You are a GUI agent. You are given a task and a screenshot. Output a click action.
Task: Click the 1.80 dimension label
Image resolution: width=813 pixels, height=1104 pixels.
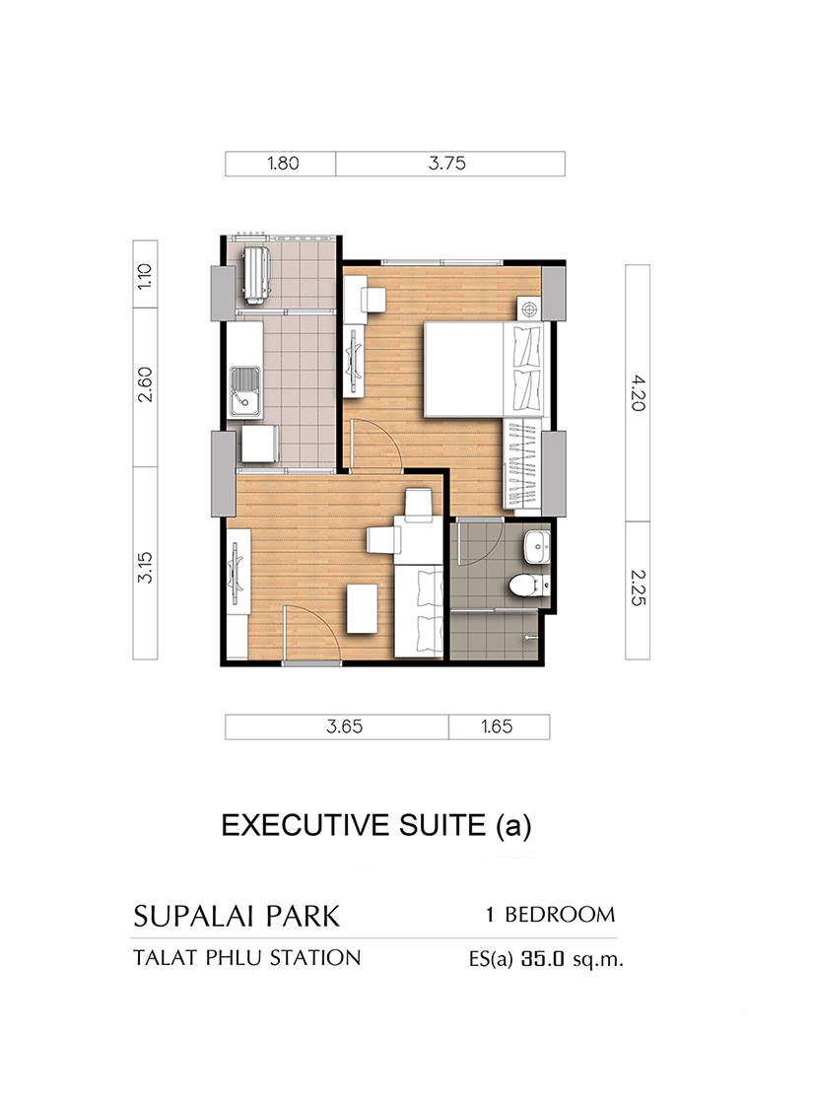tap(283, 164)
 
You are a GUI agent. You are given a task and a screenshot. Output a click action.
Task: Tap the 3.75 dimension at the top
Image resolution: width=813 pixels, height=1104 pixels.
tap(447, 164)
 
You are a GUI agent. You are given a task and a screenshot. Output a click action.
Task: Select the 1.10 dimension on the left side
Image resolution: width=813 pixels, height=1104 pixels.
tap(144, 276)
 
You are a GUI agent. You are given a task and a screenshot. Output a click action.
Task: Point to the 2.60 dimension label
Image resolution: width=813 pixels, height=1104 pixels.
tap(144, 384)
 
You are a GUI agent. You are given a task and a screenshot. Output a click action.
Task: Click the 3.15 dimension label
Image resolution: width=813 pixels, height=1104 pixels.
tap(144, 568)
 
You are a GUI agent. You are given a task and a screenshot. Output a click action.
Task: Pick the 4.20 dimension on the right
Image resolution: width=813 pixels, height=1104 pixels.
tap(638, 393)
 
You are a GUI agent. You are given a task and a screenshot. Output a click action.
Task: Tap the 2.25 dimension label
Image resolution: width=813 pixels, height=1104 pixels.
tap(638, 587)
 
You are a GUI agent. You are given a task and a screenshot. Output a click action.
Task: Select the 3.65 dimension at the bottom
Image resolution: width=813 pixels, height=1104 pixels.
tap(344, 726)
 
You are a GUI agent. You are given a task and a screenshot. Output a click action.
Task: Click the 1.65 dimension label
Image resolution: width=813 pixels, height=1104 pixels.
tap(497, 726)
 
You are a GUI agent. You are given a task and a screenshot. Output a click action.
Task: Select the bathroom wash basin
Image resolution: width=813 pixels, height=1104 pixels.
tap(537, 547)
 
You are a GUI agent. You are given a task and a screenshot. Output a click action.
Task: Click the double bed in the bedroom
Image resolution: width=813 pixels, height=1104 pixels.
tap(483, 370)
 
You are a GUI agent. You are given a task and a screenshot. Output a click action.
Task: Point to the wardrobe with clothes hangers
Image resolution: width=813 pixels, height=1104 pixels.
tap(522, 463)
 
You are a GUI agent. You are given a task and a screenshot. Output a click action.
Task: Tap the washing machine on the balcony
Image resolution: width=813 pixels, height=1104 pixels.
tap(255, 275)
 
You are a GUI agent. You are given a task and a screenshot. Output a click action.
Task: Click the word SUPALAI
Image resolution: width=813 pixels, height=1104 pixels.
tap(197, 916)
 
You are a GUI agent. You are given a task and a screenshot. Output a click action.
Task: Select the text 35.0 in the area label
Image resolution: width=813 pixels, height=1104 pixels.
tap(543, 959)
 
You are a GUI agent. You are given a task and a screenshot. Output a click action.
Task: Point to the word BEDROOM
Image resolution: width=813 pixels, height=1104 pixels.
tap(560, 915)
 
